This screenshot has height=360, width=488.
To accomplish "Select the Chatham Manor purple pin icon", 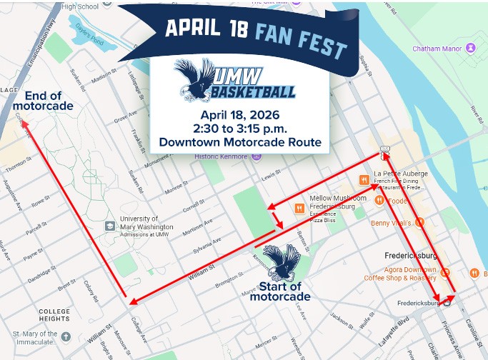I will (x=470, y=48).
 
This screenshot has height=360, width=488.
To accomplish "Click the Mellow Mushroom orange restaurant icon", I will (x=298, y=208).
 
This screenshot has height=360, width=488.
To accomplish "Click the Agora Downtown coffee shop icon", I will (x=444, y=271).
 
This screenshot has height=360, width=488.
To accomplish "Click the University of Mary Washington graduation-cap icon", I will (x=109, y=226).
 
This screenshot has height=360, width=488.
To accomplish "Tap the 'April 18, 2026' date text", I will (x=239, y=115).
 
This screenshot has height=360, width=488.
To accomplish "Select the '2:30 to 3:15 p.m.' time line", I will (x=239, y=129).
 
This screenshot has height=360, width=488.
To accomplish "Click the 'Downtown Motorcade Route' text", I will (x=240, y=142).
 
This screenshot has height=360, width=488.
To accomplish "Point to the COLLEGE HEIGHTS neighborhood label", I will (x=54, y=314).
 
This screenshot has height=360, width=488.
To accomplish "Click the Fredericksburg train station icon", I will (x=447, y=302).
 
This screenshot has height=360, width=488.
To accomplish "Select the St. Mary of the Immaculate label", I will (x=44, y=338).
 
